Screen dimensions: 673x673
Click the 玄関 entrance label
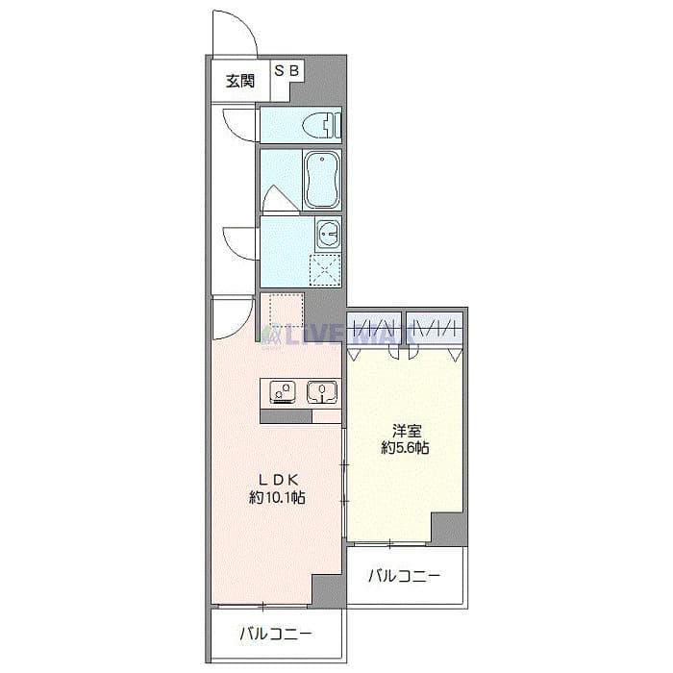click(240, 81)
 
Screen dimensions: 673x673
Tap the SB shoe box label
click(287, 70)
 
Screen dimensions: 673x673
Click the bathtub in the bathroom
click(320, 179)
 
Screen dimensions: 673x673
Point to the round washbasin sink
click(328, 233)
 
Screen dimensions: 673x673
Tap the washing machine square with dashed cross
click(325, 268)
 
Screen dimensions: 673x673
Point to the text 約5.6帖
click(404, 448)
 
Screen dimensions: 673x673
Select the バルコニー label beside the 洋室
click(405, 577)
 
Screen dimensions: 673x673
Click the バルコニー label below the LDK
click(275, 634)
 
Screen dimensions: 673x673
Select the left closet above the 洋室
click(374, 328)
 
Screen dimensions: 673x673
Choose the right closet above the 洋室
click(435, 328)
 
